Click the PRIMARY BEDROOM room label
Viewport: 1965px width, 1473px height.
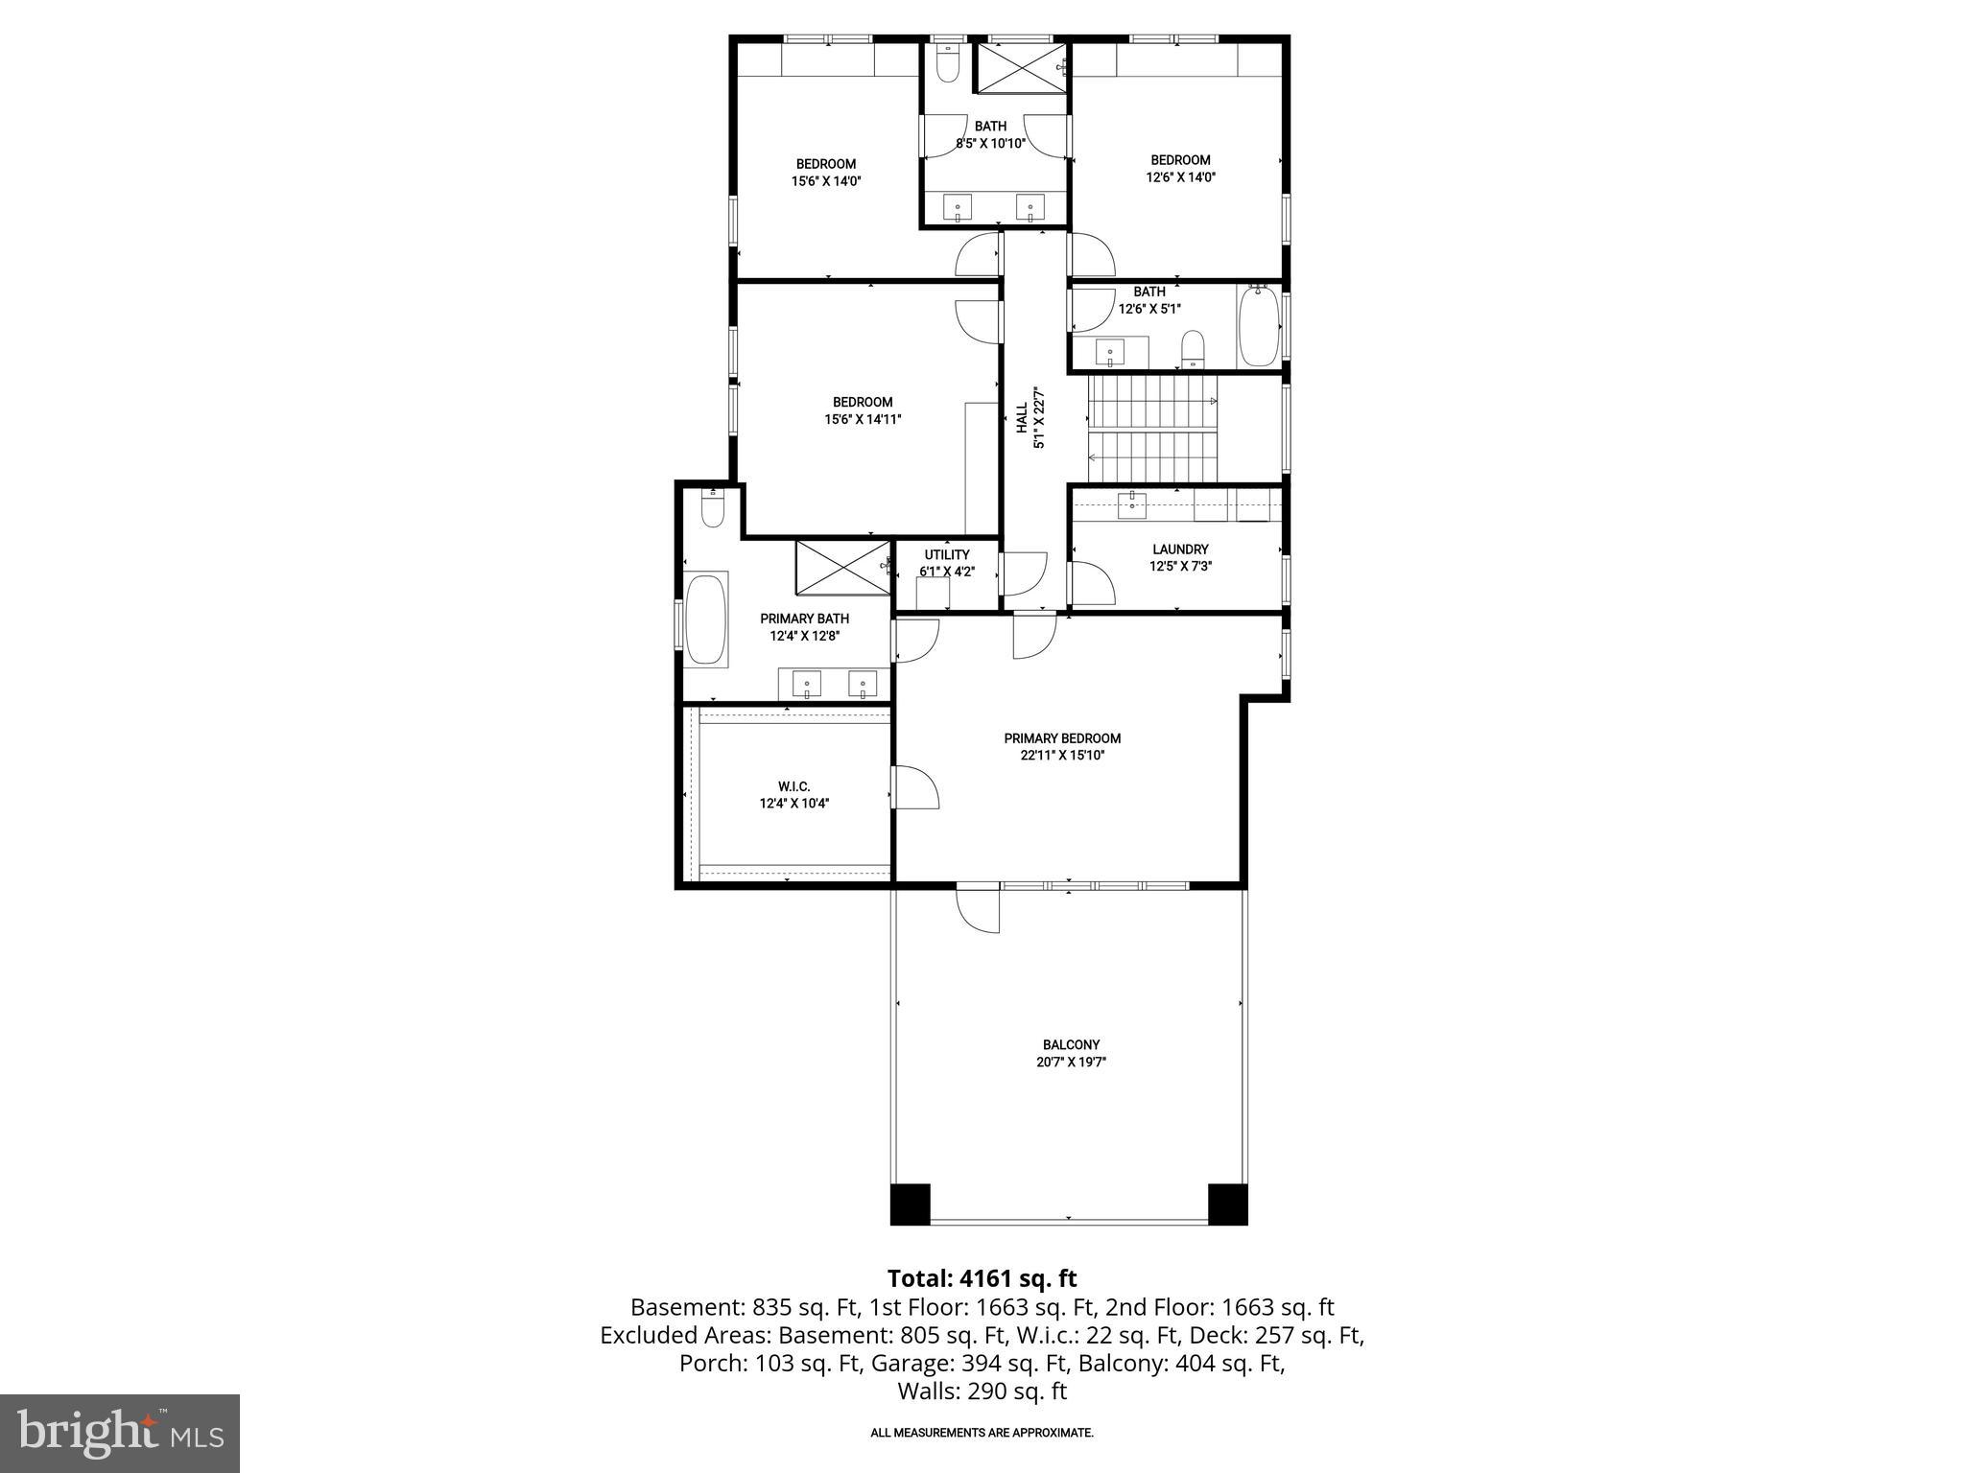coord(1062,738)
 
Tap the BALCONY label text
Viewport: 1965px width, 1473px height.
coord(1071,1045)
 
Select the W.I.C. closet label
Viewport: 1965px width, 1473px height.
coord(794,786)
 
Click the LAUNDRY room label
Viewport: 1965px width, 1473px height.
coord(1180,549)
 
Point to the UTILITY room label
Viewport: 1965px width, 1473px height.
coord(947,554)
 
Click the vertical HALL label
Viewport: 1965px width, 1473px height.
coord(1023,417)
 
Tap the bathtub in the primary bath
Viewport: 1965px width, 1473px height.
coord(707,619)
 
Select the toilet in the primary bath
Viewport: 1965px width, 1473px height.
coord(712,510)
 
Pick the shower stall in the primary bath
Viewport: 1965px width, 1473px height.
coord(843,568)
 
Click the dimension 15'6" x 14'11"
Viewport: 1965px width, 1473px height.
coord(862,419)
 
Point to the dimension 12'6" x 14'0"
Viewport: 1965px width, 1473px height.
coord(1180,177)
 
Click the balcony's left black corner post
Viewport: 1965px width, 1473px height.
coord(910,1204)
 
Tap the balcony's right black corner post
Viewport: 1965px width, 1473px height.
coord(1227,1204)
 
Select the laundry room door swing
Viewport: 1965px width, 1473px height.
coord(1091,584)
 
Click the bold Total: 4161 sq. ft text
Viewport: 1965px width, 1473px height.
coord(982,1278)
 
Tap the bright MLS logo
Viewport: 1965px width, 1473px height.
coord(120,1433)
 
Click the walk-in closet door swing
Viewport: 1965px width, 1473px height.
coord(915,788)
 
